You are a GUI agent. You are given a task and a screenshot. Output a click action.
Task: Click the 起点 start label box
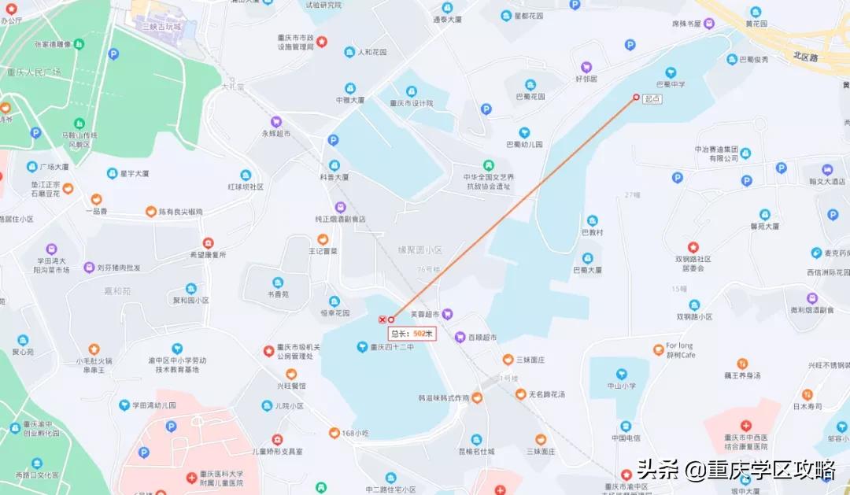(x=652, y=98)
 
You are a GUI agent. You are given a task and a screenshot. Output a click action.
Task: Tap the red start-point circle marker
(x=637, y=98)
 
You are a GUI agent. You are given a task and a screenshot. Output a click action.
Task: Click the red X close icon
(x=382, y=320)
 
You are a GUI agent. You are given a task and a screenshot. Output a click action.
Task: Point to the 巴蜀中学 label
(x=671, y=84)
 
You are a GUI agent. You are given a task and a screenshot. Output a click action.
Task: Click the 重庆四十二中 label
(x=390, y=346)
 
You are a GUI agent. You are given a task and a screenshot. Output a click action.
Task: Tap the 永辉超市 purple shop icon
(x=276, y=122)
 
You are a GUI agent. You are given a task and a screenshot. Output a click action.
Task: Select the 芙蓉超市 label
(x=427, y=313)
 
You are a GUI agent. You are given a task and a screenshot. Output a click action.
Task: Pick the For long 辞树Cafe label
(x=681, y=350)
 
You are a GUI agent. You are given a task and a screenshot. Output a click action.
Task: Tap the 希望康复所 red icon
(x=208, y=243)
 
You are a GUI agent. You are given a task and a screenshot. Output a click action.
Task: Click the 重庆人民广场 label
(x=33, y=72)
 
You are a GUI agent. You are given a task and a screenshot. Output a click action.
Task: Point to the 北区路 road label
(x=806, y=57)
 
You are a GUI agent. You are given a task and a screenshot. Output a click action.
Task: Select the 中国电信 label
(x=626, y=438)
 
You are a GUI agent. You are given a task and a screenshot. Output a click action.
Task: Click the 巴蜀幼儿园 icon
(x=524, y=133)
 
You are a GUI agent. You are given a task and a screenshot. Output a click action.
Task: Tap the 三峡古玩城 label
(x=161, y=27)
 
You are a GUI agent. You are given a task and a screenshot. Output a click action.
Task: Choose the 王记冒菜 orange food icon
(x=322, y=239)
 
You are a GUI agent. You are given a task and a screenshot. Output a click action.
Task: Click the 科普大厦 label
(x=334, y=178)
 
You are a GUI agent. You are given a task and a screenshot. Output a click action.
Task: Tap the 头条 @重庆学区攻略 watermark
(x=736, y=471)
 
